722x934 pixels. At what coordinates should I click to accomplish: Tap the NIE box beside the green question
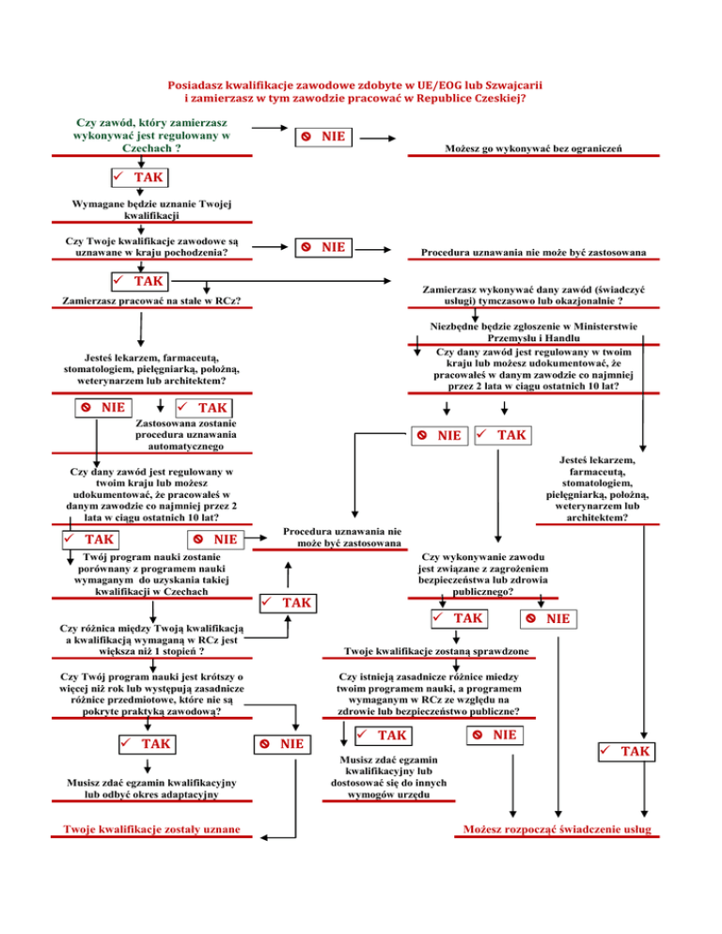(322, 137)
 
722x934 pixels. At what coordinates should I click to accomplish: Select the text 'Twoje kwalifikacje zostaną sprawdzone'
(436, 651)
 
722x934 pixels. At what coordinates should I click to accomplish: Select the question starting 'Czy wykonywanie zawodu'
(480, 574)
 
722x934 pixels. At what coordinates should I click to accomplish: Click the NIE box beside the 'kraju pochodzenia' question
(322, 247)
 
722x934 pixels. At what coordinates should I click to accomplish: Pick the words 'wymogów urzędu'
(388, 794)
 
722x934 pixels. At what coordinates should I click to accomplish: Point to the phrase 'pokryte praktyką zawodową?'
(152, 712)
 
